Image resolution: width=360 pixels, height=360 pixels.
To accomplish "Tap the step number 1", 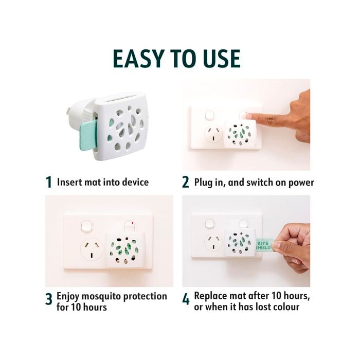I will (x=49, y=182).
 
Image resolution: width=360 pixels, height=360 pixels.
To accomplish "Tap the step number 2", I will (x=186, y=182).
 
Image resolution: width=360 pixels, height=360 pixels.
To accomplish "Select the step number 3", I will (x=49, y=300).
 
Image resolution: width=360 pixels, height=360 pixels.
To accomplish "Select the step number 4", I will (x=186, y=300).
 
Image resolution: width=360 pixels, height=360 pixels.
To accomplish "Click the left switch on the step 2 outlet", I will (x=209, y=115).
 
